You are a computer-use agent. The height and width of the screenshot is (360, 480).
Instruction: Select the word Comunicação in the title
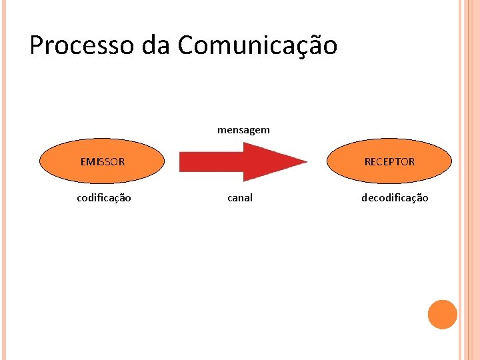pos(257,45)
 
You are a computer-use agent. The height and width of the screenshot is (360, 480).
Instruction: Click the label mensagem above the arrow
pos(243,130)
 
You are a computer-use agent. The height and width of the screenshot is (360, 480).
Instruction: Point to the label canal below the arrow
pos(240,198)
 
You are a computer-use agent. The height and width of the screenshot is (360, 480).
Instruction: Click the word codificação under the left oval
pos(104,198)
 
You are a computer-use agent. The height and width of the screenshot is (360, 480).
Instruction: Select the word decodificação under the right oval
pos(395,198)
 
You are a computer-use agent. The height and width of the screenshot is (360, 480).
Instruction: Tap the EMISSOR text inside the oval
pos(102,161)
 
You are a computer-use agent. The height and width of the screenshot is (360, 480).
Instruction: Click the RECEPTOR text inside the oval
pos(389,161)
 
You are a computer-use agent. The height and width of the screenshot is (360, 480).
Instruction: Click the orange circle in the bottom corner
pos(442,315)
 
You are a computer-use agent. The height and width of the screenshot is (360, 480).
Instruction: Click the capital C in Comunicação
pos(187,45)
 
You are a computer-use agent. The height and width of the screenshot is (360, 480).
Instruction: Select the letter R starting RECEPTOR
pos(367,161)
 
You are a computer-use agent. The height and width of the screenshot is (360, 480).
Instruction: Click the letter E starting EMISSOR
pos(83,161)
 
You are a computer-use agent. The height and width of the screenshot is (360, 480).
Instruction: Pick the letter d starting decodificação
pos(365,198)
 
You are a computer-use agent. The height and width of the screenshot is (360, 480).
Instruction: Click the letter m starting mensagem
pos(221,131)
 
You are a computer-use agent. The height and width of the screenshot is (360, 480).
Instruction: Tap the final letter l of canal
pos(251,198)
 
